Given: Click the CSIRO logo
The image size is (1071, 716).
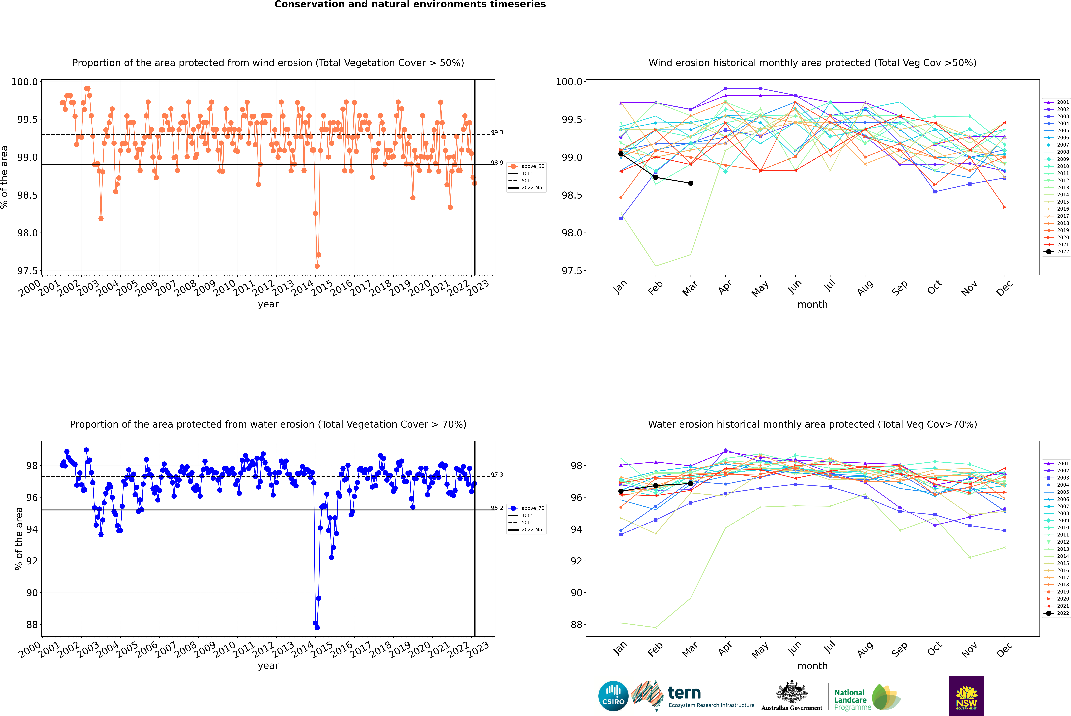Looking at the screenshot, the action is click(613, 696).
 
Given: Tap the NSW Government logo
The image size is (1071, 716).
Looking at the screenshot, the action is click(966, 696).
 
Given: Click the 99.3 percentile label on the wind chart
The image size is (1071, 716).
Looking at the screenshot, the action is click(497, 132).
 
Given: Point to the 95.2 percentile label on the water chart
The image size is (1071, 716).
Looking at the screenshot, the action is click(497, 508).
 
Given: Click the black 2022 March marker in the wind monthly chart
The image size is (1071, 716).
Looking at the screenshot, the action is click(691, 183).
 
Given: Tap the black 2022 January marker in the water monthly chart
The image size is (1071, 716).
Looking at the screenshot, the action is click(621, 491).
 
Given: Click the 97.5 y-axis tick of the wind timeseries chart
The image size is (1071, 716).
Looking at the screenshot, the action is click(27, 271).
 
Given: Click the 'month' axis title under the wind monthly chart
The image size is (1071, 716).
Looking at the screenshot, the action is click(813, 305).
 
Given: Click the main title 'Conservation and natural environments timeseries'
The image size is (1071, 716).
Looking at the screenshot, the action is click(410, 5).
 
